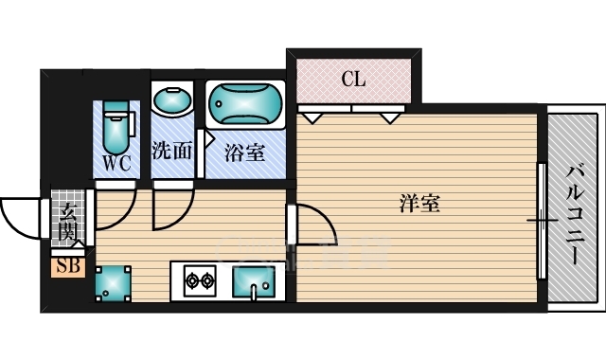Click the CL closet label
pos(353,80)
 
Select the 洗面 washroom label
pos(171,150)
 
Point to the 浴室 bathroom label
pos(244,152)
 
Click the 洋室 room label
pos(419,202)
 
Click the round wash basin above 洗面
pos(172,101)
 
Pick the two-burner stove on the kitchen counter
pos(201,280)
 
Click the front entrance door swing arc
pos(21,218)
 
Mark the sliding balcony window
pos(543,220)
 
